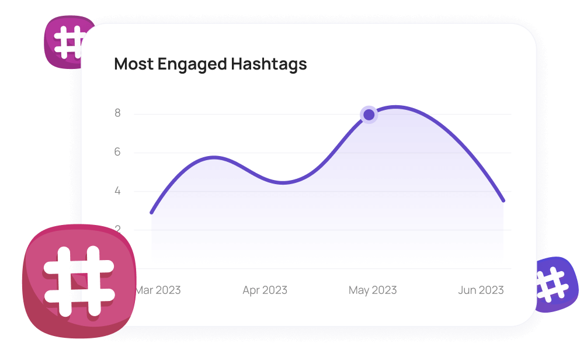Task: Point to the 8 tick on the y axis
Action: coord(118,113)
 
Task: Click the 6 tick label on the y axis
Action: coord(118,153)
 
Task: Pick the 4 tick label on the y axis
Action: coord(118,191)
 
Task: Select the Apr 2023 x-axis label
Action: coord(265,290)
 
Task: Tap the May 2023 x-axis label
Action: coord(373,290)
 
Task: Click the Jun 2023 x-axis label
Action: coord(481,290)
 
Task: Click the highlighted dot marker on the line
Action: coord(369,115)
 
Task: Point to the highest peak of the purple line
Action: coord(397,107)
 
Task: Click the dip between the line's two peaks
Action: coord(283,183)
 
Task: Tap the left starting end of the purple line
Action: coord(152,212)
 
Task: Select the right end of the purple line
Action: coord(503,200)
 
